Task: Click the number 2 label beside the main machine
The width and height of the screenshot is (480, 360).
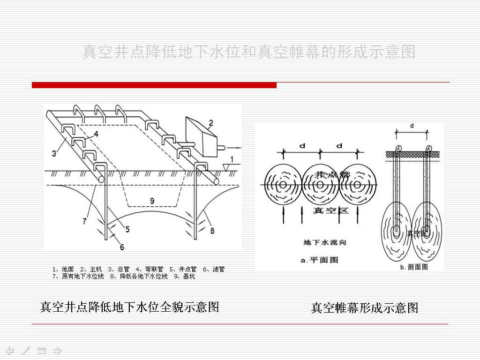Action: pos(211,123)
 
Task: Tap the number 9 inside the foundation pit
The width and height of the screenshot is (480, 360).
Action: pos(152,201)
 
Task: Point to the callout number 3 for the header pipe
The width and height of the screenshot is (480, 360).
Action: pos(54,153)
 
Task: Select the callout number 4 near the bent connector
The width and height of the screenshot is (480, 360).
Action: pos(96,134)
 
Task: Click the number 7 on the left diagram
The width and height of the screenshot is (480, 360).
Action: pos(85,221)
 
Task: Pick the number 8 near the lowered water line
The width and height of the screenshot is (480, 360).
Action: pos(212,230)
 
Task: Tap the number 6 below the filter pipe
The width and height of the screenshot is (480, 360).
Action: pos(122,247)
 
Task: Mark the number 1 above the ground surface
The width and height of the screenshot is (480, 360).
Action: pos(232,160)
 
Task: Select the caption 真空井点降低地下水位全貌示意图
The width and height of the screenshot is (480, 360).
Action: pos(129,307)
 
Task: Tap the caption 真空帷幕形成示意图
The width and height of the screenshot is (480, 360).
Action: pos(365,308)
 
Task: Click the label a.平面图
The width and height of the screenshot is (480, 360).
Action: pos(319,260)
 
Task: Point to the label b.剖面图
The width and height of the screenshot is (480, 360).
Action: pos(413,267)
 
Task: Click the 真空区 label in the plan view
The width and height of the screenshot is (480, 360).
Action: pos(331,210)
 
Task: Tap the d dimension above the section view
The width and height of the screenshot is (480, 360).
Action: pos(412,126)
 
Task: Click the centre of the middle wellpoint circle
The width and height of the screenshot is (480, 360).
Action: pos(321,185)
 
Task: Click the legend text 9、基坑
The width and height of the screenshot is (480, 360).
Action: pos(184,277)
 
